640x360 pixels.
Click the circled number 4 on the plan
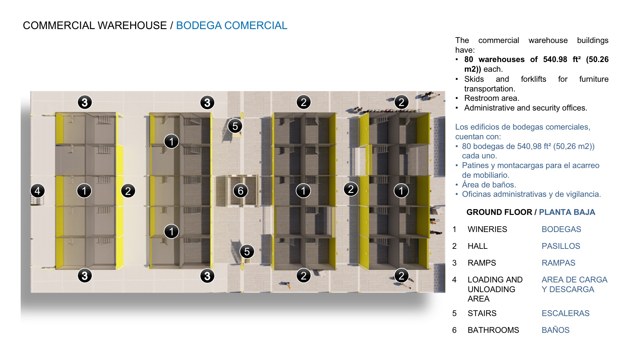tap(37, 191)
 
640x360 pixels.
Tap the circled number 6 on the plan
tap(240, 191)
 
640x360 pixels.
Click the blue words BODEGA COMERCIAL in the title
tap(231, 26)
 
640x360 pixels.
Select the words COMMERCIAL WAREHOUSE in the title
tap(95, 26)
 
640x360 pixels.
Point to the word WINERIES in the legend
tap(487, 229)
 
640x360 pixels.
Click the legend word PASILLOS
tap(561, 246)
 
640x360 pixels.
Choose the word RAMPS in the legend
tap(482, 263)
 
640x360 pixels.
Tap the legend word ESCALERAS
tap(565, 313)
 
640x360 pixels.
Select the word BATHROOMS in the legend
tap(493, 330)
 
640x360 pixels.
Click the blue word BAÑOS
tap(555, 330)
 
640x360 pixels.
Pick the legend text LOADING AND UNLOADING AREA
tap(495, 289)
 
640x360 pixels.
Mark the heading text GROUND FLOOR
tap(499, 212)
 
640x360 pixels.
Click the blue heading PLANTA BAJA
tap(567, 212)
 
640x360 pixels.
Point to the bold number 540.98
tap(555, 59)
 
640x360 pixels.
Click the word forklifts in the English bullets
tap(533, 79)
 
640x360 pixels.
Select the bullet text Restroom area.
tap(492, 98)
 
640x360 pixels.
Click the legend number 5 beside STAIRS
tap(454, 313)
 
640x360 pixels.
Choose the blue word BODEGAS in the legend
tap(561, 229)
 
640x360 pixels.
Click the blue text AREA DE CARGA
tap(574, 280)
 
